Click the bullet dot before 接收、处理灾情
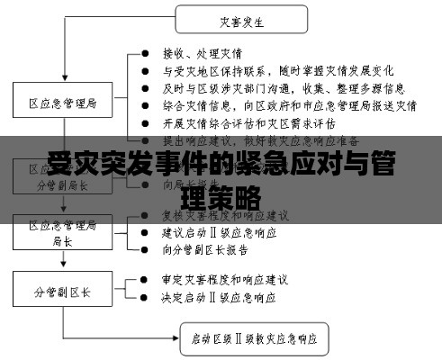point(146,55)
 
